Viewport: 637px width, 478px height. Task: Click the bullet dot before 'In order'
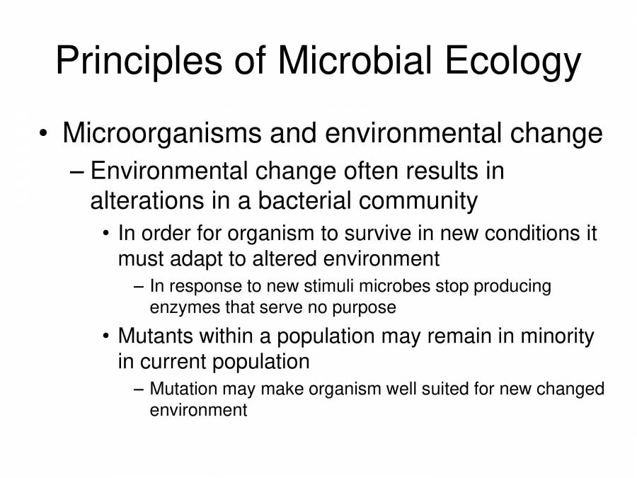tap(106, 234)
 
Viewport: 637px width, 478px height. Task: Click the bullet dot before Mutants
tap(106, 337)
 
